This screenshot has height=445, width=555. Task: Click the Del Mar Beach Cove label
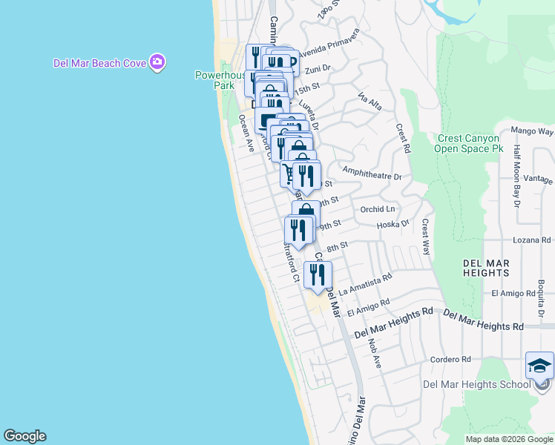click(x=99, y=63)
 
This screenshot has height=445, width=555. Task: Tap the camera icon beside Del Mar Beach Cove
click(x=157, y=62)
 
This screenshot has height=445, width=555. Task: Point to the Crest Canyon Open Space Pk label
click(x=470, y=143)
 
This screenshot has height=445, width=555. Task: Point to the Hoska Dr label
click(x=393, y=223)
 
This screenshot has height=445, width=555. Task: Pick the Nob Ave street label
click(x=372, y=357)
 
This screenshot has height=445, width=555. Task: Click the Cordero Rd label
click(x=451, y=360)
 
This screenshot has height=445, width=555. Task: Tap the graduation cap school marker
click(x=539, y=365)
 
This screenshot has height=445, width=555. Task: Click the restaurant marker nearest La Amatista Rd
click(x=318, y=275)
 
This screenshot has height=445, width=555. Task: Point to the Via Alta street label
click(x=369, y=102)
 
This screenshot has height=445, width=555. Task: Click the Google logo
click(x=24, y=436)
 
